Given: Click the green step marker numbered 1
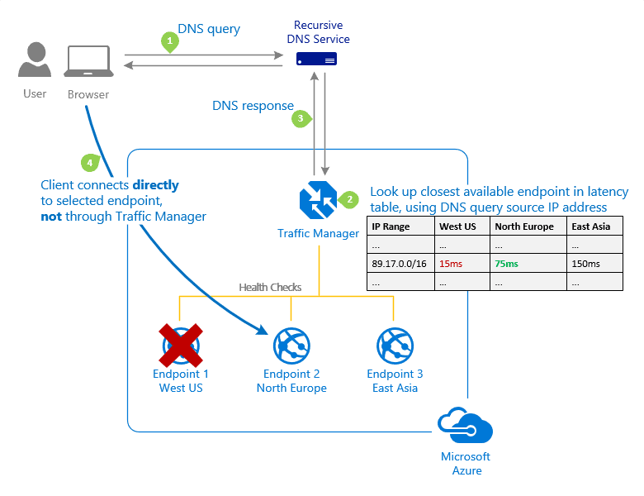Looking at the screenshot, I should pos(170,41).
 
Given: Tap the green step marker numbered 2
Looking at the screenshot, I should pos(349,199).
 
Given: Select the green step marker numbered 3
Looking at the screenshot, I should pos(301,119).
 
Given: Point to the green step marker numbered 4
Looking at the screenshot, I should pos(88,161).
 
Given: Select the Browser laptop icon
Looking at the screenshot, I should pos(88,62).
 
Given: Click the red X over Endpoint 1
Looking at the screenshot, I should pos(181,345).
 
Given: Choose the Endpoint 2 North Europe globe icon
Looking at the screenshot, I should pos(291,346).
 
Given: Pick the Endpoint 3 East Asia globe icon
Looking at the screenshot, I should pos(395,346).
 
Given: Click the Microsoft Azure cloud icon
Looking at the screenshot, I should pos(466,428).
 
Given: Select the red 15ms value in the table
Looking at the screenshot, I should pos(451,264).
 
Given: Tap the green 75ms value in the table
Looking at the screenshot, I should pos(506,264).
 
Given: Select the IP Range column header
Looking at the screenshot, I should pos(391,227).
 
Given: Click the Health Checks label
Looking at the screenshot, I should pos(270,288).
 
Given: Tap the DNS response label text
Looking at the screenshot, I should pos(253,106).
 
